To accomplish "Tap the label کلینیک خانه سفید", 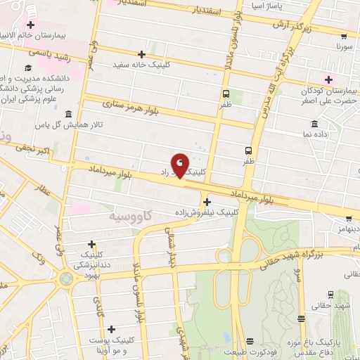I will click(x=142, y=65).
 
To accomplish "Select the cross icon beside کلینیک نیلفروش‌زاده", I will click(x=206, y=202).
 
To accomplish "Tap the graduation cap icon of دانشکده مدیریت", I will click(x=27, y=68).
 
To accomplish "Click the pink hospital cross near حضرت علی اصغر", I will click(x=327, y=79).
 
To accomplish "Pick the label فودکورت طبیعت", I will click(x=251, y=349).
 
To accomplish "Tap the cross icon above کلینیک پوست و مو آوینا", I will click(x=112, y=328).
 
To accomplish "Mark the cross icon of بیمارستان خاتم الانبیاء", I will click(x=30, y=25).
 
